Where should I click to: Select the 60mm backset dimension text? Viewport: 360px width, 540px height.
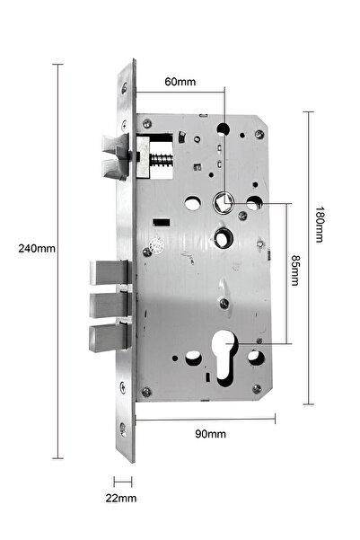[180, 82]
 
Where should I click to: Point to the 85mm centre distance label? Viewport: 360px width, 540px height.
[295, 270]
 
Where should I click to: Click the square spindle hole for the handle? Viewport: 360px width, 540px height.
[224, 201]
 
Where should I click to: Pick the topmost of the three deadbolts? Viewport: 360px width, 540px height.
[106, 271]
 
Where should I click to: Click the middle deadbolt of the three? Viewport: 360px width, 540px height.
[106, 305]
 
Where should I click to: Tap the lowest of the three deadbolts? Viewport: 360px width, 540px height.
[106, 338]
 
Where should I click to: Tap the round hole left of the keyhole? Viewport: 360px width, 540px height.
[190, 359]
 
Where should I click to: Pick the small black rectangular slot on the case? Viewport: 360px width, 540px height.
[162, 222]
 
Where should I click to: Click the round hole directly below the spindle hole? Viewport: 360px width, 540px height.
[224, 240]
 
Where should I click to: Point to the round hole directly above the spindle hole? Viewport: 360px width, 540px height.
[224, 128]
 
